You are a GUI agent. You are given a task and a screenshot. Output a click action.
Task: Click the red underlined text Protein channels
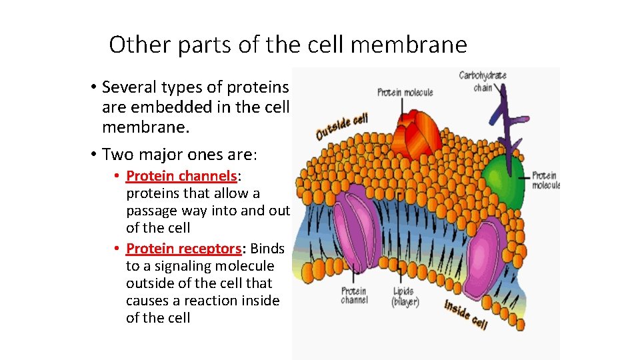click(181, 176)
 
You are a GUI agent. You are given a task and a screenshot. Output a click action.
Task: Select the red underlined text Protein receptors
click(183, 249)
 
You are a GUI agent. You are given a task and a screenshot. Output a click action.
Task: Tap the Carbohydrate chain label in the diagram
click(483, 81)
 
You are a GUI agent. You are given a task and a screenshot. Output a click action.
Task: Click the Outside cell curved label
click(341, 126)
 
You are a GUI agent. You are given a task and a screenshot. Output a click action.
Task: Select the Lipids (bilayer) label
click(405, 297)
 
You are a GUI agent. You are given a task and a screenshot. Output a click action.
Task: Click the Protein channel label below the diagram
click(354, 296)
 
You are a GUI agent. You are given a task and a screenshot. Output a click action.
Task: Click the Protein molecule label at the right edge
click(545, 181)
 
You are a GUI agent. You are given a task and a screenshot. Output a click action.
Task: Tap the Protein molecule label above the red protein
click(405, 92)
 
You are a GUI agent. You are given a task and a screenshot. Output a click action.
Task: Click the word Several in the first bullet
click(129, 87)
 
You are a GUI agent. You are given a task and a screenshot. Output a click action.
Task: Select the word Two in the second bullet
click(116, 155)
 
